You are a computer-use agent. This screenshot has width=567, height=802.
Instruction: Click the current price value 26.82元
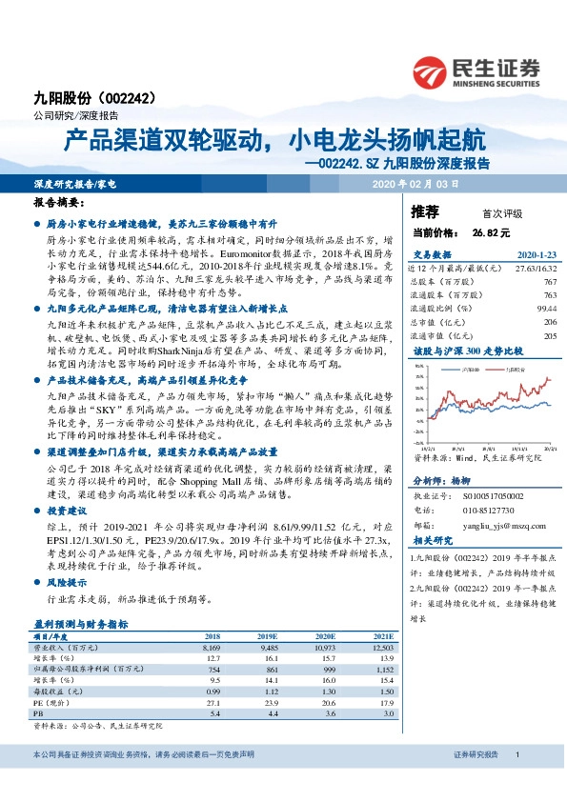pyautogui.click(x=491, y=231)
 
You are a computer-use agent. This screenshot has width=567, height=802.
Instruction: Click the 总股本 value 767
pyautogui.click(x=547, y=283)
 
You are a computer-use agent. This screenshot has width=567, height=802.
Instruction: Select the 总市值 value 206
pyautogui.click(x=547, y=323)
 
